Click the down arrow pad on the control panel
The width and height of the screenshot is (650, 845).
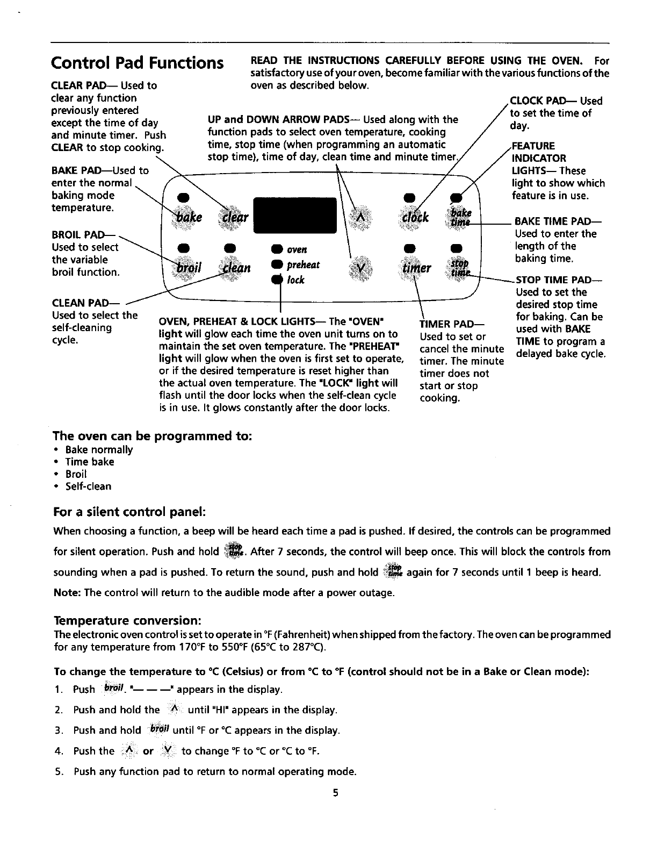tap(361, 267)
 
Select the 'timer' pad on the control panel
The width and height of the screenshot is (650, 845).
tap(416, 267)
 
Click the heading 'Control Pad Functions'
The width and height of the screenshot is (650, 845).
tap(137, 63)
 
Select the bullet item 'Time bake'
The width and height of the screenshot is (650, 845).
tap(90, 462)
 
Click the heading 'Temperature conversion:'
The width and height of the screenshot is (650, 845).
tap(127, 621)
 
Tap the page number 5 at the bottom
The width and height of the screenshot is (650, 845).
tap(334, 792)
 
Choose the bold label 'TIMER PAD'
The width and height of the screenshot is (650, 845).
tap(452, 324)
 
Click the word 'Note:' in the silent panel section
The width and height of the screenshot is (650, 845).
tap(67, 593)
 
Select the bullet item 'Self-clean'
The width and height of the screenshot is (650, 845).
tap(88, 486)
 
